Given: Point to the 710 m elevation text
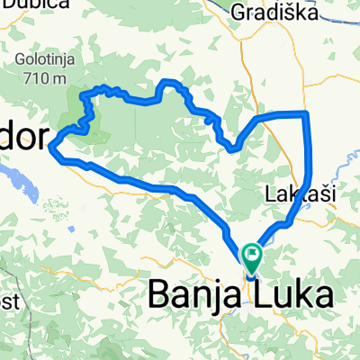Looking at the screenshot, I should click(x=41, y=78).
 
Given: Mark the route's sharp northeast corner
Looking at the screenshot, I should click(x=307, y=113).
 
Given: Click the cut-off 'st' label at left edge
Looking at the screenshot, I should click(x=7, y=303).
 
